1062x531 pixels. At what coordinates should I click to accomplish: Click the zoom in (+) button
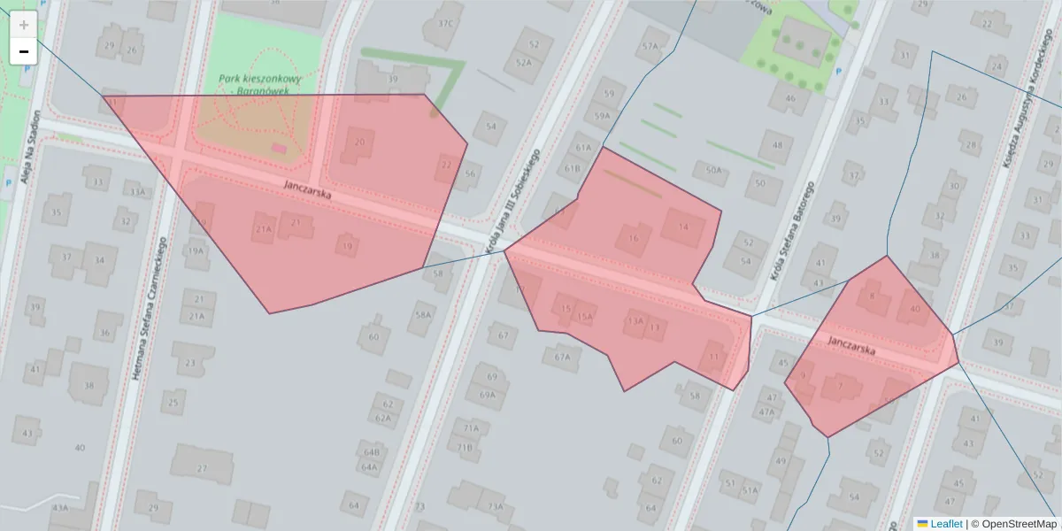click(x=23, y=24)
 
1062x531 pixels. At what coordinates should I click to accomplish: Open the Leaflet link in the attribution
click(x=945, y=524)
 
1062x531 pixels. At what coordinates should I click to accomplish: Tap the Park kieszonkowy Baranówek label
click(x=260, y=84)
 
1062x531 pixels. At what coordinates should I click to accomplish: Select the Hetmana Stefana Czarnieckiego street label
click(x=150, y=308)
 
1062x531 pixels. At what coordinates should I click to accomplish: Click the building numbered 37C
click(x=445, y=24)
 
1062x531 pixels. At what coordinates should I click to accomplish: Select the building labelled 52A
click(x=524, y=63)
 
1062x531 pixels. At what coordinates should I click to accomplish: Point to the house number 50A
click(x=713, y=169)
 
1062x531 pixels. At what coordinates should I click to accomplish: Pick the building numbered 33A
click(x=137, y=191)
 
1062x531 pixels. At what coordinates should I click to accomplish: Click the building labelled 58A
click(x=423, y=314)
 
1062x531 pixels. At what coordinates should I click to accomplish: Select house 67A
click(x=563, y=358)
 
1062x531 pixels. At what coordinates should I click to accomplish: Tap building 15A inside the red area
click(x=584, y=316)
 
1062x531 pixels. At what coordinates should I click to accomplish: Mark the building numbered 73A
click(x=496, y=507)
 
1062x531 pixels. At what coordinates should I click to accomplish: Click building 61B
click(x=572, y=168)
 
